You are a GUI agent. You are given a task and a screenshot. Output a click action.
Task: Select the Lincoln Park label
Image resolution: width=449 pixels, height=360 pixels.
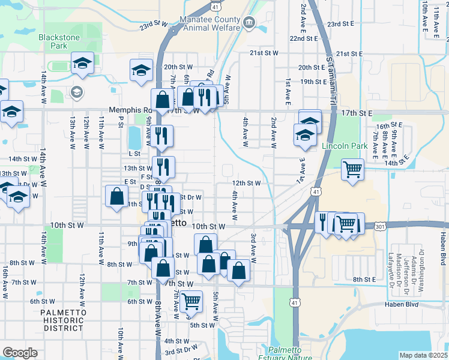pyautogui.click(x=344, y=146)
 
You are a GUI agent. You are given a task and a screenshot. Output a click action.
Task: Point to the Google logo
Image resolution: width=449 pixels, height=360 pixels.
pyautogui.click(x=20, y=353)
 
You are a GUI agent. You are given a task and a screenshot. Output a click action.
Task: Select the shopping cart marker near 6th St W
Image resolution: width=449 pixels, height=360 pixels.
pyautogui.click(x=191, y=300)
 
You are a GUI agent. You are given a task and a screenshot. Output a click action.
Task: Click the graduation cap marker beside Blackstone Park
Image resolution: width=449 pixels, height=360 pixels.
pyautogui.click(x=82, y=64)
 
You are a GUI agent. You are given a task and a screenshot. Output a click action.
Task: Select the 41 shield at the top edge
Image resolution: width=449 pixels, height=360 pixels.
pyautogui.click(x=215, y=5)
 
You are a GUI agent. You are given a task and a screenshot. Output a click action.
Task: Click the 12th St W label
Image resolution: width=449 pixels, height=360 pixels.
pyautogui.click(x=246, y=183)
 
